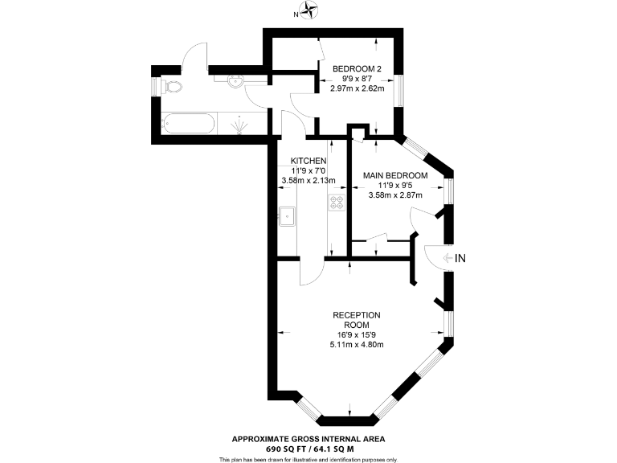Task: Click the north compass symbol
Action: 311,11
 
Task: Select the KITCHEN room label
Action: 308,161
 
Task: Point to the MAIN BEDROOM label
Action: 395,175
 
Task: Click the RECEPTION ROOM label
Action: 356,319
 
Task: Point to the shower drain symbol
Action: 239,124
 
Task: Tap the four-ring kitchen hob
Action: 336,204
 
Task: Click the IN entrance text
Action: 460,258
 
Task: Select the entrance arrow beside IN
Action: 446,258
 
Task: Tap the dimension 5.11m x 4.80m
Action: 357,345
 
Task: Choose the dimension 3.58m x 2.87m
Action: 395,195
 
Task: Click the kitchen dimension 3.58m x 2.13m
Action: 308,180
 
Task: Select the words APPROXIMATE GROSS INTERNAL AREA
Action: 308,438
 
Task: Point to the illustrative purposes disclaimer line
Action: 308,459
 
